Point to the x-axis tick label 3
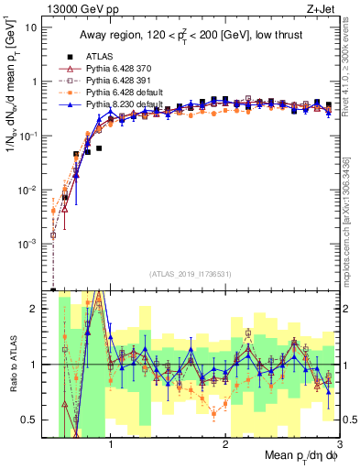coord(339,447)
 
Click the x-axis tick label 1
coord(111,447)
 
